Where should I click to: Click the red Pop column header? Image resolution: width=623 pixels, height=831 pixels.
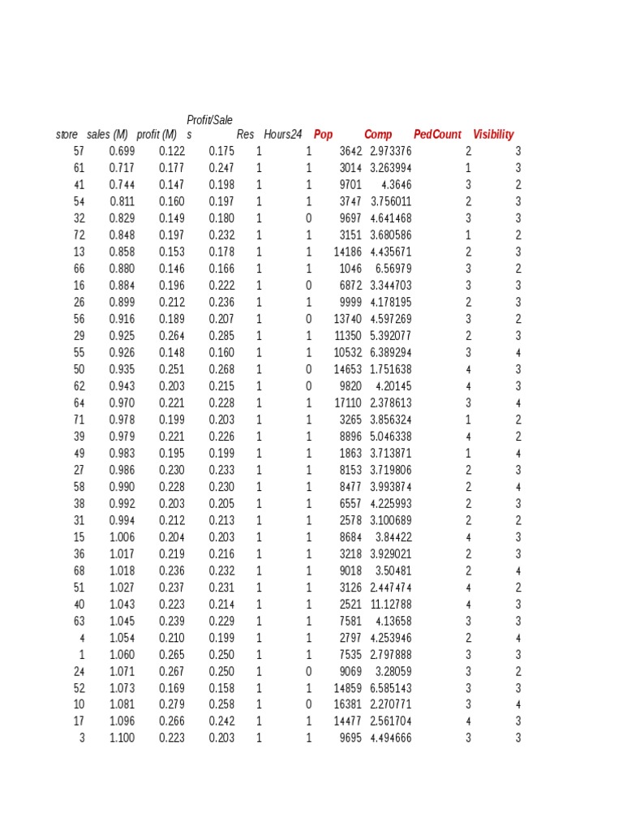pos(324,135)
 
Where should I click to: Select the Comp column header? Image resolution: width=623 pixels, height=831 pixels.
pos(378,135)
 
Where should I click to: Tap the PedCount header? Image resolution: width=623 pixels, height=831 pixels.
pos(437,135)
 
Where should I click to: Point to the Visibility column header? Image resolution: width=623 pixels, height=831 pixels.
pos(493,135)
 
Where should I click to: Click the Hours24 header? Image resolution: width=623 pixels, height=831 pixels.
pos(283,135)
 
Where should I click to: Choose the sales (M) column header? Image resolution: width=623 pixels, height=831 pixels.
pos(108,135)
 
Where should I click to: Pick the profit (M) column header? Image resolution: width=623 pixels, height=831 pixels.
pos(157,135)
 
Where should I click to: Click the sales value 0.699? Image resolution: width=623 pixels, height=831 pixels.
pos(122,152)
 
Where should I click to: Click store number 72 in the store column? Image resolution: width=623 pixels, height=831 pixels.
pos(79,235)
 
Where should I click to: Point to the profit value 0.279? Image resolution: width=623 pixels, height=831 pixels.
pos(172,704)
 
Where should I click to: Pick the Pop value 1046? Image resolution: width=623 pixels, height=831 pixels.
pos(350,269)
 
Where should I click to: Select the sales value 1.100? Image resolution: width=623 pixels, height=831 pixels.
pos(122,738)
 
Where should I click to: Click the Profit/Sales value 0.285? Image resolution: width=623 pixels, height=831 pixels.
pos(221,335)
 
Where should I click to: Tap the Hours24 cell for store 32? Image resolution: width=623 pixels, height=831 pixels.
pos(308,218)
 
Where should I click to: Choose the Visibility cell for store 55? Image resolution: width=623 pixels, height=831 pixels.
pos(518,352)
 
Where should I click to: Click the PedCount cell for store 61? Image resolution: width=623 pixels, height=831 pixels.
pos(468,168)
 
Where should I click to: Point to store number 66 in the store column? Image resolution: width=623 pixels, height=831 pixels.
pos(79,269)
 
